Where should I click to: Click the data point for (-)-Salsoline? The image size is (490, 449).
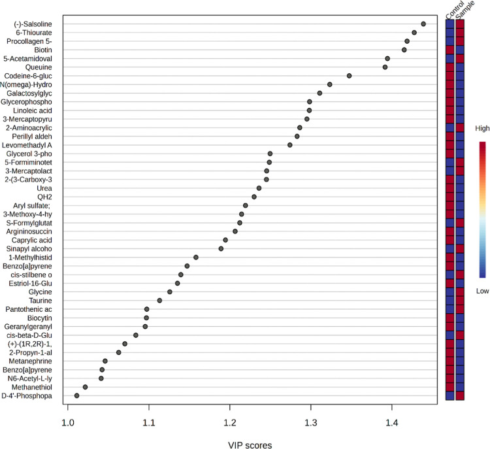[x=423, y=24]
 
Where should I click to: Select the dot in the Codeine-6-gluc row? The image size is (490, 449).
[x=350, y=76]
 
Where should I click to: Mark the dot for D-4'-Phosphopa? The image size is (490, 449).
[x=76, y=395]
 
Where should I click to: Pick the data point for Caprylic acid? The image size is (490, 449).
[x=225, y=240]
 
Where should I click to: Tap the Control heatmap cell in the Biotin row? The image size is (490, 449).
[x=449, y=50]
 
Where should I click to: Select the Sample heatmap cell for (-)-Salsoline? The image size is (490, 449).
[x=460, y=24]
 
